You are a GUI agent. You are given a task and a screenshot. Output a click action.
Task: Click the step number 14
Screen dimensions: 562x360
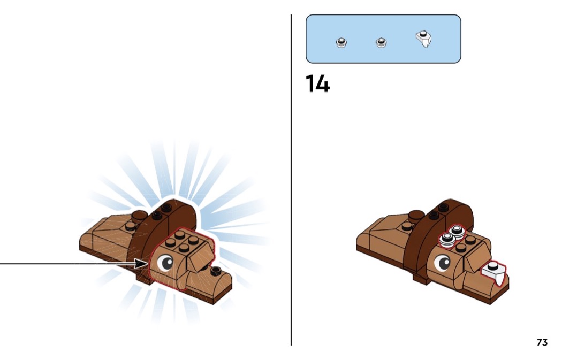click(317, 84)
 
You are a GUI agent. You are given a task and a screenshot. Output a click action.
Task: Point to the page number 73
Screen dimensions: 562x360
click(542, 342)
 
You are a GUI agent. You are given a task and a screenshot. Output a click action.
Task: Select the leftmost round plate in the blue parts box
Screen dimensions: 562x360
click(341, 43)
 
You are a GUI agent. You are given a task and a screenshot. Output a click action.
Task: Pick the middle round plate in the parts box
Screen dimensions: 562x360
click(381, 43)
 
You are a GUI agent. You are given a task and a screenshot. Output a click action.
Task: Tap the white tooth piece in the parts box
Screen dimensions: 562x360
click(424, 39)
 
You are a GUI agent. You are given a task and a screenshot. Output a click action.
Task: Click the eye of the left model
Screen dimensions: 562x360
click(165, 263)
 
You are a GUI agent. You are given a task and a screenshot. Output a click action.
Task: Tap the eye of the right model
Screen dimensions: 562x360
click(442, 263)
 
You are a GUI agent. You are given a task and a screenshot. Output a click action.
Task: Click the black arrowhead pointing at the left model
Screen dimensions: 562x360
click(141, 264)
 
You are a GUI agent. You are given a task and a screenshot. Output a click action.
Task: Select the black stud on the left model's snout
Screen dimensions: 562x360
click(215, 271)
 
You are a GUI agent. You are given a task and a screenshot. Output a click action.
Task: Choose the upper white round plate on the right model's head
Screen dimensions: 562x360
click(457, 231)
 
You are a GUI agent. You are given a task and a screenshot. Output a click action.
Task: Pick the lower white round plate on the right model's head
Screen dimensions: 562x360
click(446, 239)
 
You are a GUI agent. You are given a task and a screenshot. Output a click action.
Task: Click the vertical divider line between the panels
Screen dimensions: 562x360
click(291, 180)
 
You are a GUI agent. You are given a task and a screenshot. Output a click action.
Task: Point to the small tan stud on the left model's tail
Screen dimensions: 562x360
click(130, 226)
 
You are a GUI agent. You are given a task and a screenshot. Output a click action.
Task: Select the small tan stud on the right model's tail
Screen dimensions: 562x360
click(407, 226)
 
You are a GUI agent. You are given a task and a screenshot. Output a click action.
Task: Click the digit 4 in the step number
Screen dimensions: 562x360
click(323, 84)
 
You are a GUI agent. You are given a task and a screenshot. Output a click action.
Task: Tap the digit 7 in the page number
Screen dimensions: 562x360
click(540, 342)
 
